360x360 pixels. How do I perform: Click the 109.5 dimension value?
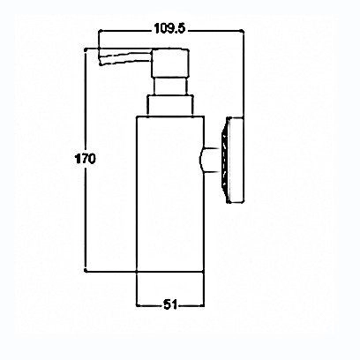(x=169, y=28)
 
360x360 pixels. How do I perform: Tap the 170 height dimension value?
(x=86, y=159)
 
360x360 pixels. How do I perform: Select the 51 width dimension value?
(x=170, y=304)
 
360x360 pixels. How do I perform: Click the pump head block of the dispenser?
(x=169, y=63)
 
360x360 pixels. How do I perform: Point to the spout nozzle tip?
(x=101, y=57)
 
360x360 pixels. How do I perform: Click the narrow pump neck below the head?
(x=170, y=86)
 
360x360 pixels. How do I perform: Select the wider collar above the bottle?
(x=170, y=105)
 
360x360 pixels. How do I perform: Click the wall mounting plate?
(x=235, y=160)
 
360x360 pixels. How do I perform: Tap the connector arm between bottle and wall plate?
(x=210, y=160)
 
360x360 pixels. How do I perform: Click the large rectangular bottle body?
(x=170, y=194)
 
